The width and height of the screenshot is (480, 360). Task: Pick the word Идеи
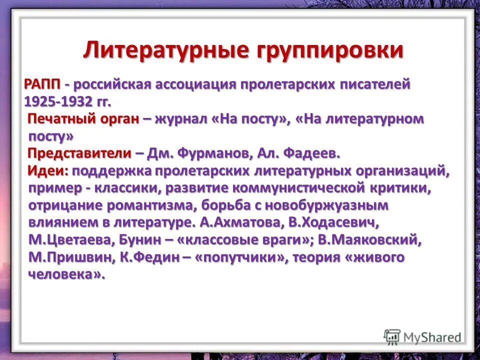[x=47, y=170]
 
